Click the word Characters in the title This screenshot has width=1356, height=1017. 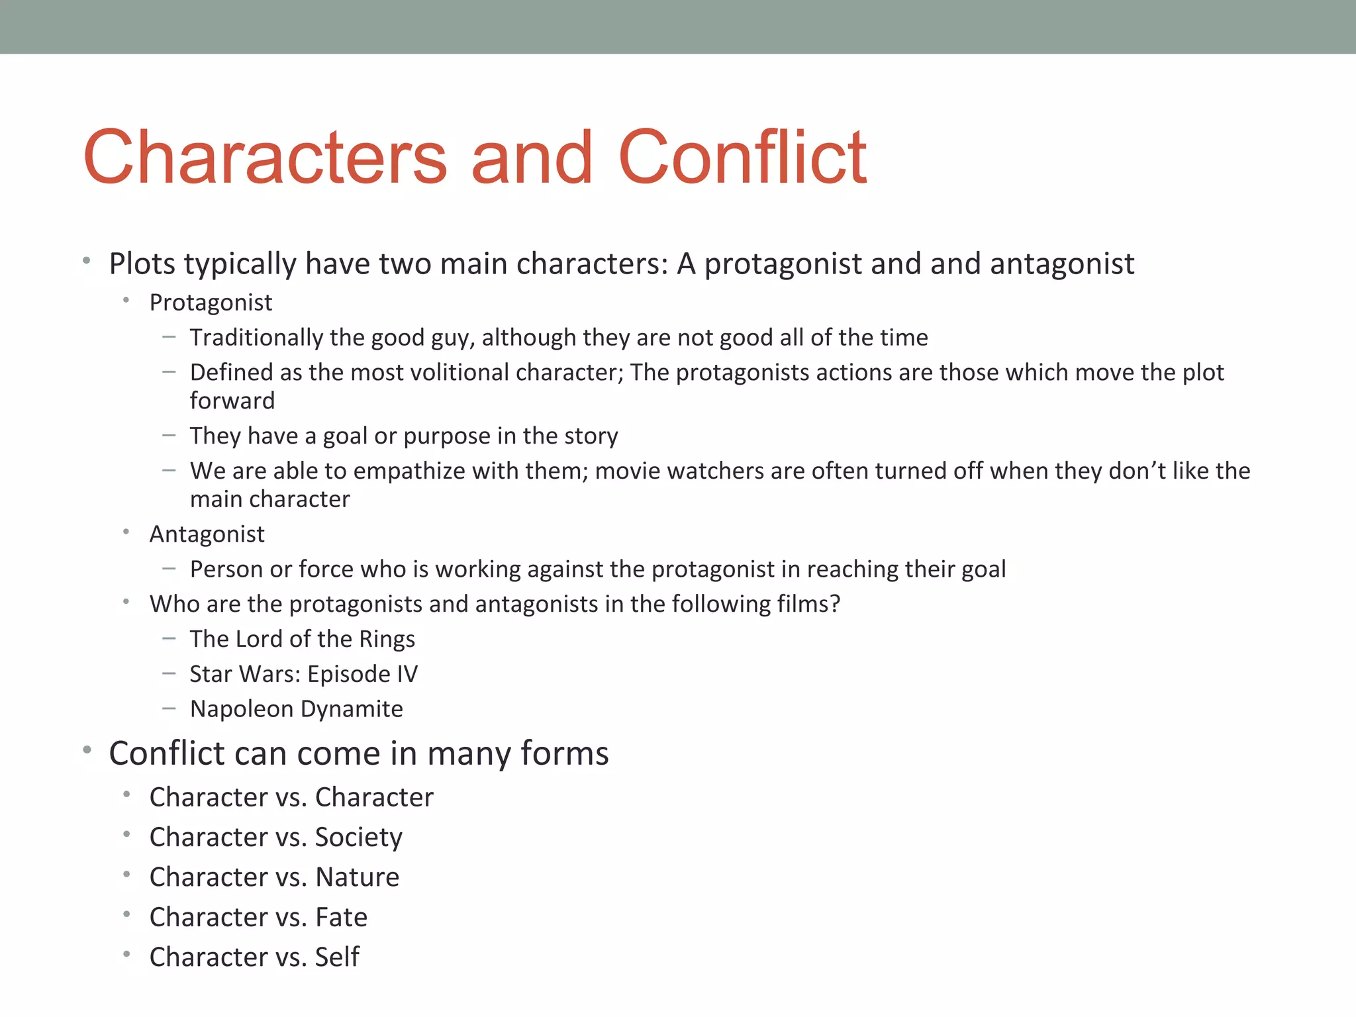click(x=265, y=158)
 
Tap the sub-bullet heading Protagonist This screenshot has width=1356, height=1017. click(x=211, y=303)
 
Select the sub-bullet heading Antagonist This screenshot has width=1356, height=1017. click(x=207, y=534)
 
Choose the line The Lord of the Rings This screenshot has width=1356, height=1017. click(x=302, y=639)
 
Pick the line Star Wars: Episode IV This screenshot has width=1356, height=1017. click(x=303, y=674)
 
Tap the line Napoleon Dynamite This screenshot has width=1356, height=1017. click(x=296, y=709)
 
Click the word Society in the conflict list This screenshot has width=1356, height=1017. click(x=358, y=838)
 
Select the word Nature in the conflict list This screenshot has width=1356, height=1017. click(x=357, y=877)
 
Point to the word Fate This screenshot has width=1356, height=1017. click(x=341, y=918)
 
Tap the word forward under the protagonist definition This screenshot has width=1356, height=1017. click(x=232, y=401)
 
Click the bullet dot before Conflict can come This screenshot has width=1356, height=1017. click(x=87, y=751)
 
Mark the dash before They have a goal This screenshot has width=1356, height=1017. click(x=169, y=435)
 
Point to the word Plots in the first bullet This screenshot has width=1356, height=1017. click(x=142, y=264)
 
